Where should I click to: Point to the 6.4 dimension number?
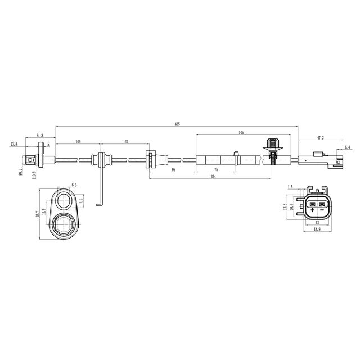coord(347,147)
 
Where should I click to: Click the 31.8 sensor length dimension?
coord(39,136)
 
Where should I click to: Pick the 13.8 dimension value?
coord(13,145)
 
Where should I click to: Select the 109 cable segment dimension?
coord(78,142)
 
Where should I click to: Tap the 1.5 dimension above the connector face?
coord(290,187)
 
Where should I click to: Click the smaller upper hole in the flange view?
coord(65,200)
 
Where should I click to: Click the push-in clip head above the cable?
coord(273,142)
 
